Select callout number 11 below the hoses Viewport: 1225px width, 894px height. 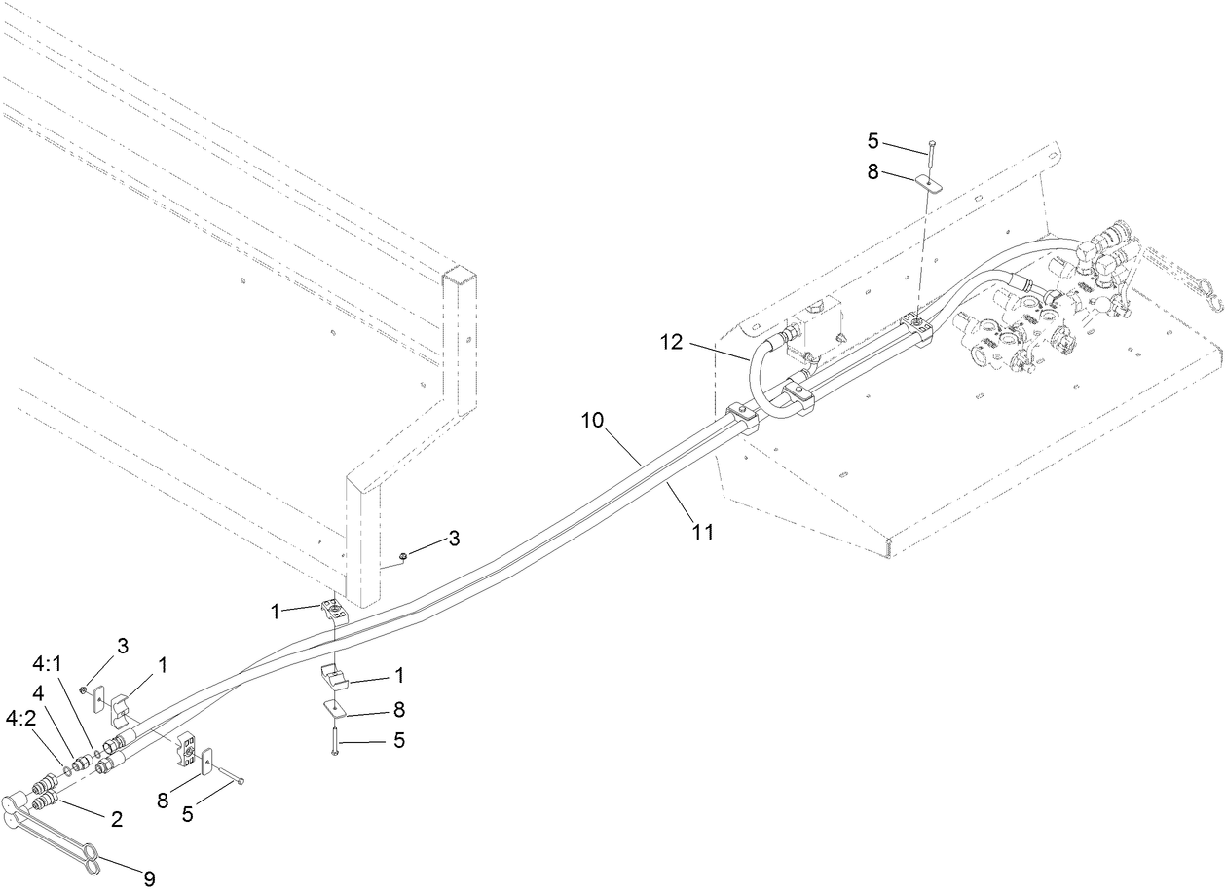[x=702, y=532]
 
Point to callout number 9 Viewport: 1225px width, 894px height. [x=149, y=878]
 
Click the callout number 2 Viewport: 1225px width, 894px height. [x=116, y=819]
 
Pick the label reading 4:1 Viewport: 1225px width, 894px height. [x=47, y=662]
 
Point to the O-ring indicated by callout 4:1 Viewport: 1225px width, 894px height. [x=97, y=755]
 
